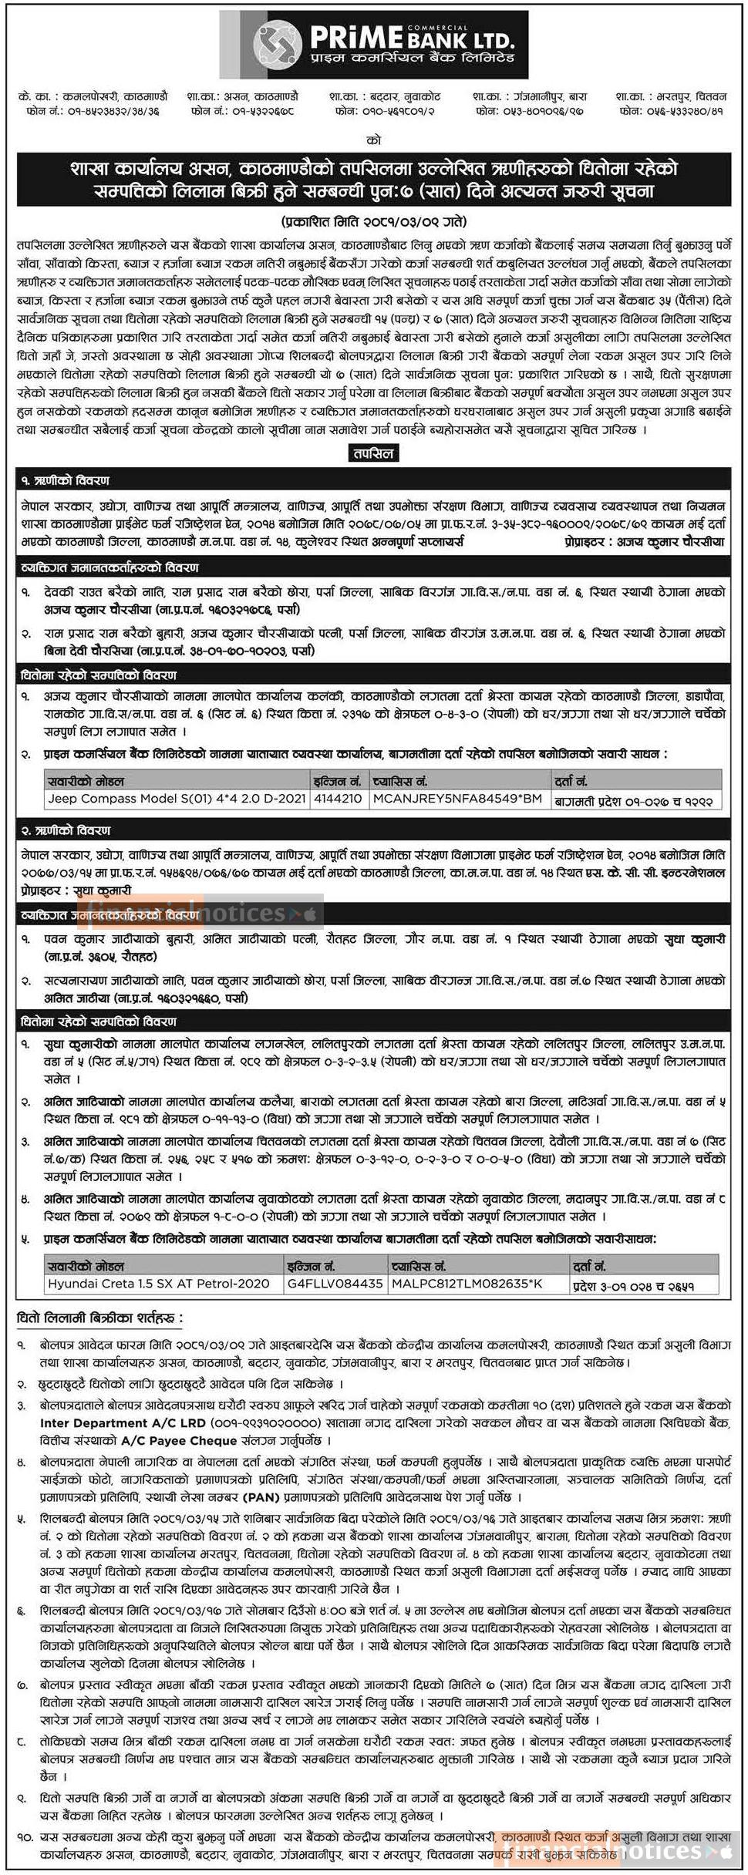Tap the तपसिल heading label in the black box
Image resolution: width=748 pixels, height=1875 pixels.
tap(374, 453)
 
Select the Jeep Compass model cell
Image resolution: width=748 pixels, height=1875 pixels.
tap(177, 799)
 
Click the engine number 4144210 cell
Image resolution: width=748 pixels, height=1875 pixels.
tap(338, 799)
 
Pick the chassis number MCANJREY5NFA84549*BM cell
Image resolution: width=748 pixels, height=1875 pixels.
tap(457, 799)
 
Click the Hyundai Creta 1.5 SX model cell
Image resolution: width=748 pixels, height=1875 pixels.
tap(158, 1284)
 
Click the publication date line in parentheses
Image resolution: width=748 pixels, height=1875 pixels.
tap(373, 221)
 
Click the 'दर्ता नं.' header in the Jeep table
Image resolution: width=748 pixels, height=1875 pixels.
tap(571, 782)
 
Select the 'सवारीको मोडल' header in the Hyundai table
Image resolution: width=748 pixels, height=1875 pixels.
tap(86, 1266)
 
